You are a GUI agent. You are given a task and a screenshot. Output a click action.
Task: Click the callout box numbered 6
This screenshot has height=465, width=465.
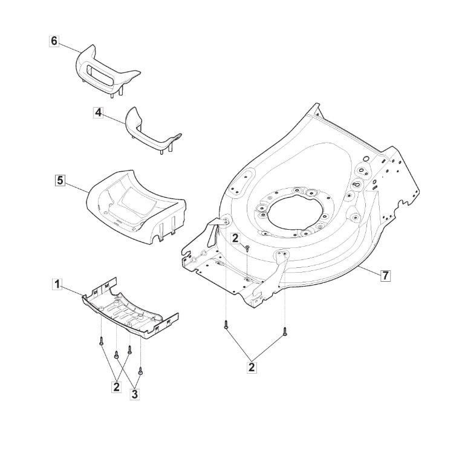coord(54,41)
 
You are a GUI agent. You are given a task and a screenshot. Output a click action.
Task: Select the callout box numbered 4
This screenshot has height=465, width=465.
coord(98,113)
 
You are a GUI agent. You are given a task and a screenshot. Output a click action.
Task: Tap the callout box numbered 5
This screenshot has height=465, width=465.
coord(60,180)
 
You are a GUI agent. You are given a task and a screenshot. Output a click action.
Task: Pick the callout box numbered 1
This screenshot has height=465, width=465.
coord(57,284)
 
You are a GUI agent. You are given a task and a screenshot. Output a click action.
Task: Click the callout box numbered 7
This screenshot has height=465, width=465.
coord(385,276)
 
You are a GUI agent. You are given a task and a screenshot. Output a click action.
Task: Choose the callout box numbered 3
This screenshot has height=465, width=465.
coord(135,394)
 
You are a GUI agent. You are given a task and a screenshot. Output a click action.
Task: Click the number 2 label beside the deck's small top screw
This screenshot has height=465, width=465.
coord(235,238)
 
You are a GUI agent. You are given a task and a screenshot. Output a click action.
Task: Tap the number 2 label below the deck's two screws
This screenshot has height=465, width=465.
coord(252,367)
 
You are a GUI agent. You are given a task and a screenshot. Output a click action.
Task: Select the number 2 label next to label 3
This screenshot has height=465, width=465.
coord(116,387)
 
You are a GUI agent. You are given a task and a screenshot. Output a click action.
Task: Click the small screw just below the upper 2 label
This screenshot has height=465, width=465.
coord(247,248)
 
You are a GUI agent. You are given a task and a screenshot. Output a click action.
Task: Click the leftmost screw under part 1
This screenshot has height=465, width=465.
coord(102,340)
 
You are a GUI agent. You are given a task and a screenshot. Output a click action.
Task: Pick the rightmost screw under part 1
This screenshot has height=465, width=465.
coord(140,371)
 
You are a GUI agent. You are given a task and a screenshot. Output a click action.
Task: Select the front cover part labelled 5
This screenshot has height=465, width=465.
coord(136,207)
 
